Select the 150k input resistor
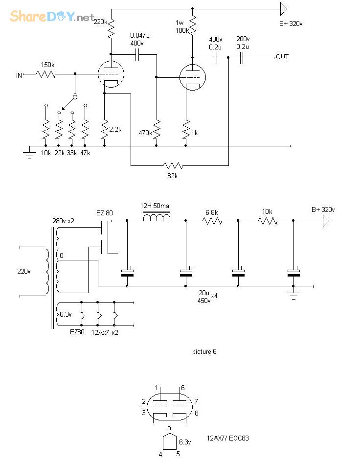coord(45,75)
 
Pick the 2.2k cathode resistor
coord(104,129)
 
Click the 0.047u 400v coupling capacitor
coord(137,54)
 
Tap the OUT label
coord(282,57)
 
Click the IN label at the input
coord(20,75)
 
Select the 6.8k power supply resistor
coord(212,221)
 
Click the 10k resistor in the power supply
coord(268,221)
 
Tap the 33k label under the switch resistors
coord(72,153)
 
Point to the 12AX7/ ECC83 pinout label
coord(228,438)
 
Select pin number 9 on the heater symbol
coord(169,429)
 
